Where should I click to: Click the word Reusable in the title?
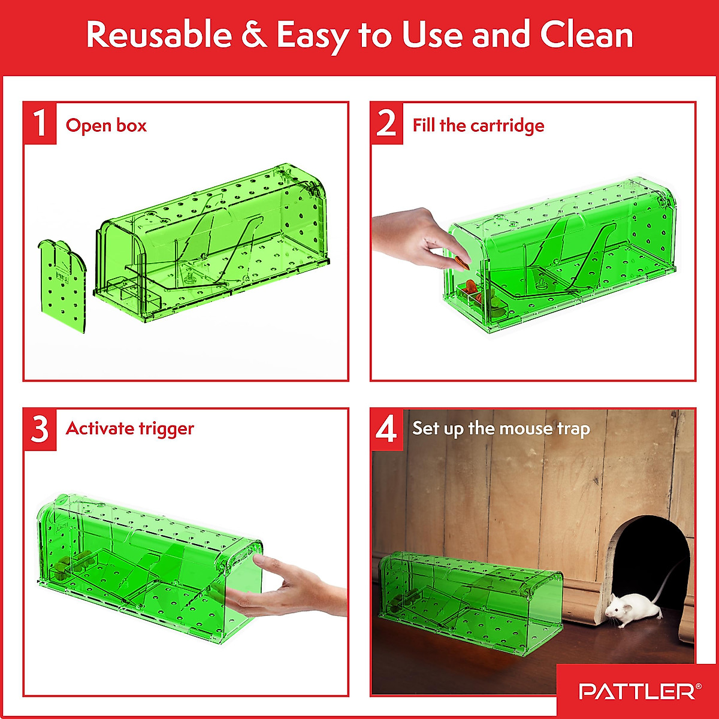(159, 35)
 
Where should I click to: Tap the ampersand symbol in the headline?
(254, 35)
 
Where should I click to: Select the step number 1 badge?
(40, 123)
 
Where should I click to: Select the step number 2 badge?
(386, 123)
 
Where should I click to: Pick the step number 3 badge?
(40, 429)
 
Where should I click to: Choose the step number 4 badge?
(386, 429)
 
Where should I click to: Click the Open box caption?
(106, 126)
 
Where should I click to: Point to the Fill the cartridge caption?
(478, 126)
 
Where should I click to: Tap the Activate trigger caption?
(130, 429)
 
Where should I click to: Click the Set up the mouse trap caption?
(501, 429)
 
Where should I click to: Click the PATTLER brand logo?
(639, 691)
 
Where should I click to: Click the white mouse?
(626, 609)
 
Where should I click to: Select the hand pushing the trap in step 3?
(294, 590)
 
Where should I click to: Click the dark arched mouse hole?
(653, 557)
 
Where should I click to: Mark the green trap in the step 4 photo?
(470, 593)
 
